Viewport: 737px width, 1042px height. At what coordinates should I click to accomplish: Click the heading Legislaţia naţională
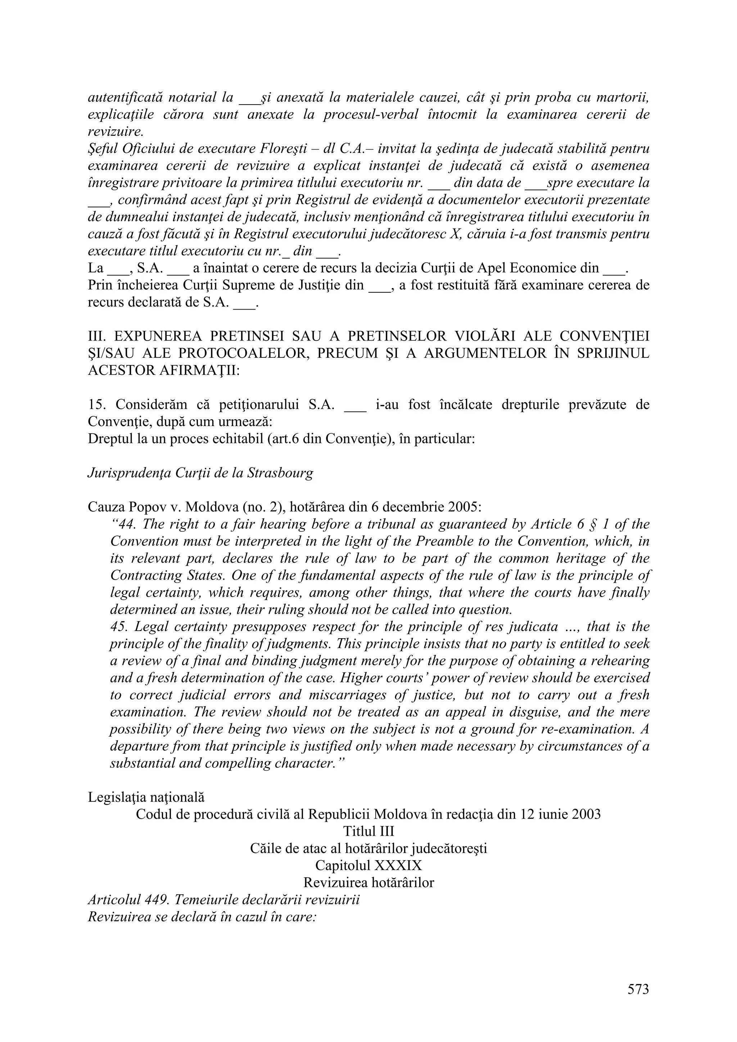coord(146,798)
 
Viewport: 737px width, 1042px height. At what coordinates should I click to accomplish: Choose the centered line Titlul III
coord(368,831)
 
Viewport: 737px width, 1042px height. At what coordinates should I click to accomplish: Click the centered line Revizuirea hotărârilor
coord(368,883)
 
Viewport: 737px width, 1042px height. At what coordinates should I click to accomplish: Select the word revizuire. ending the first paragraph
coord(116,132)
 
